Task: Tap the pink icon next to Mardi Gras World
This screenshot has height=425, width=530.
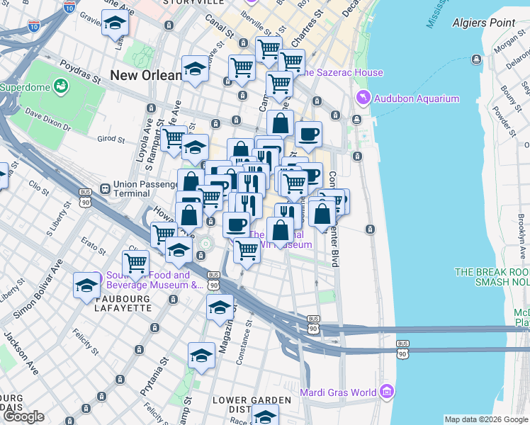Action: tap(386, 392)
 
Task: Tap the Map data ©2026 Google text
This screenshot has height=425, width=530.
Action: tap(485, 419)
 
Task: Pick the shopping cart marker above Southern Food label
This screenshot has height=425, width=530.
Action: tap(135, 263)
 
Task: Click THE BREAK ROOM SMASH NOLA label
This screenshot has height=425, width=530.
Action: tap(492, 276)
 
